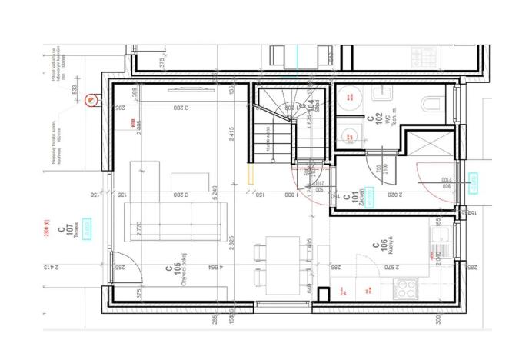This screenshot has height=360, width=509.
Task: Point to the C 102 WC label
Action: pos(373,122)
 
